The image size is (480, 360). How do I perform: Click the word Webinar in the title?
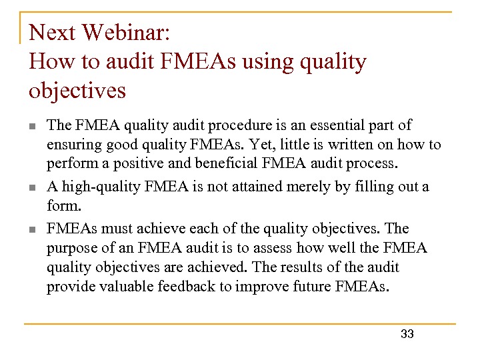126,32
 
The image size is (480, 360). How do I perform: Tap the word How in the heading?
51,61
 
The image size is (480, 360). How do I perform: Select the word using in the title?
268,63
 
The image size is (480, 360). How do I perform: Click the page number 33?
407,334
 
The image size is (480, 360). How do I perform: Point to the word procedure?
240,126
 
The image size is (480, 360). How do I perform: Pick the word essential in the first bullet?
337,125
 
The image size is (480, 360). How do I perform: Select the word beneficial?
226,163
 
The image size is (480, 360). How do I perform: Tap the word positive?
139,164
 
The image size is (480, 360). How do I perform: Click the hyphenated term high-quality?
101,187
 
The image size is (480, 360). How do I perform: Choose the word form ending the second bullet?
64,205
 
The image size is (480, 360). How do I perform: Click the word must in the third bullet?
117,229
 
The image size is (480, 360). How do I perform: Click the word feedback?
187,286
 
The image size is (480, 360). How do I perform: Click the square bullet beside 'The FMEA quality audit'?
33,126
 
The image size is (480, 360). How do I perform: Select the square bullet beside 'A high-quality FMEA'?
33,187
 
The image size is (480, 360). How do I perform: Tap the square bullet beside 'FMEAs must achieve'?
33,229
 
